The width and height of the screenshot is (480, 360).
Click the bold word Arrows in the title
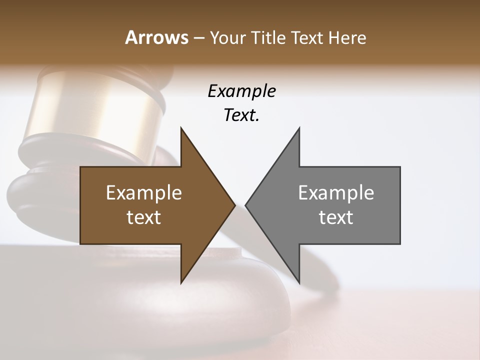click(x=156, y=37)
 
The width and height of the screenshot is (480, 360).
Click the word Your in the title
click(x=227, y=37)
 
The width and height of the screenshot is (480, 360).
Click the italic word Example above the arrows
click(x=241, y=91)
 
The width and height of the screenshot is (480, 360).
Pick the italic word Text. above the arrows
click(x=241, y=115)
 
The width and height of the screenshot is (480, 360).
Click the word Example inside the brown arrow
click(x=143, y=193)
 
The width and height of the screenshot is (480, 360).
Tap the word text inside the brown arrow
click(x=143, y=217)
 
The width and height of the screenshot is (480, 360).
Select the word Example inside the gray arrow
click(x=336, y=193)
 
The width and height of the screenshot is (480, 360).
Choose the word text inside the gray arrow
click(x=336, y=217)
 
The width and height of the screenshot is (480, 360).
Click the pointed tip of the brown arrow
click(x=234, y=205)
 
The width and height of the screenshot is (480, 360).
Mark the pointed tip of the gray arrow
click(x=246, y=205)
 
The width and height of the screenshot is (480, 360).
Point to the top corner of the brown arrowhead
click(x=181, y=128)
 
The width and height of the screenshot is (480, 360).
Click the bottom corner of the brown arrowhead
click(x=181, y=282)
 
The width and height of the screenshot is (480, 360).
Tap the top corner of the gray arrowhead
click(x=299, y=128)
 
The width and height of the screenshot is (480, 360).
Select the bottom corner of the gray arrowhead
click(x=299, y=282)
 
